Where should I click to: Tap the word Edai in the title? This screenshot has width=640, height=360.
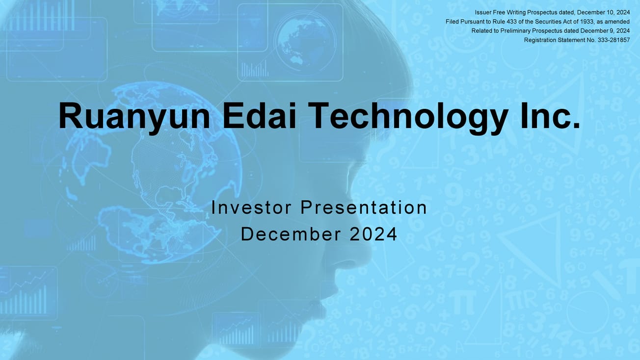pyautogui.click(x=259, y=116)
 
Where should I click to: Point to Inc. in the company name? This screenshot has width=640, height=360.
pyautogui.click(x=550, y=116)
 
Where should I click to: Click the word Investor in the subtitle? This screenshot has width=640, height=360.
pyautogui.click(x=251, y=207)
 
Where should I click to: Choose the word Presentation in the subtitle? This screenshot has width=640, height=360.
pyautogui.click(x=364, y=207)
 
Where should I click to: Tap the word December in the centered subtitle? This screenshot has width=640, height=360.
pyautogui.click(x=291, y=234)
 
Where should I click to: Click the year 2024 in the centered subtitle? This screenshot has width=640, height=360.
pyautogui.click(x=373, y=234)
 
